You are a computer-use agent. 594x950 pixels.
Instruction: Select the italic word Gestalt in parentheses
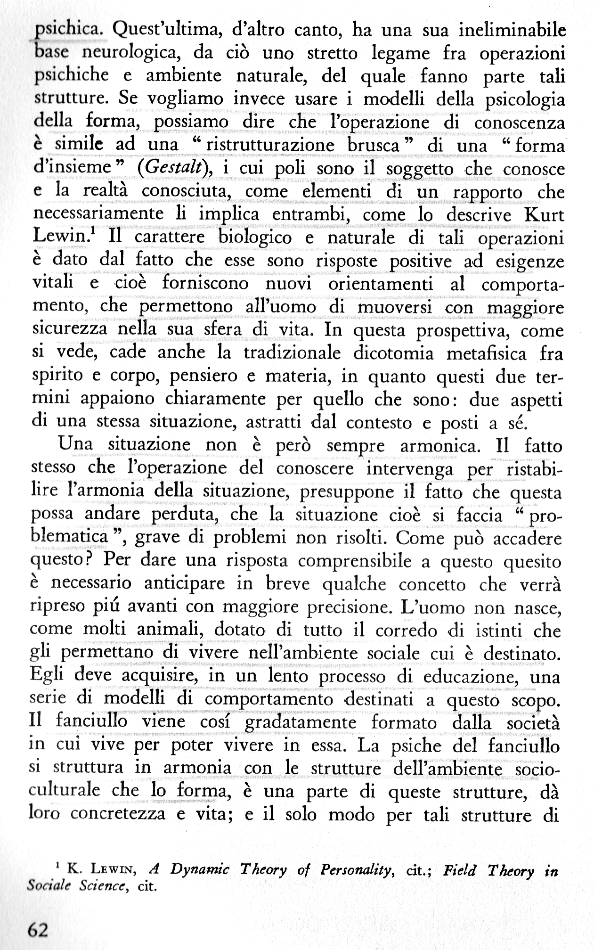[x=176, y=168]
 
